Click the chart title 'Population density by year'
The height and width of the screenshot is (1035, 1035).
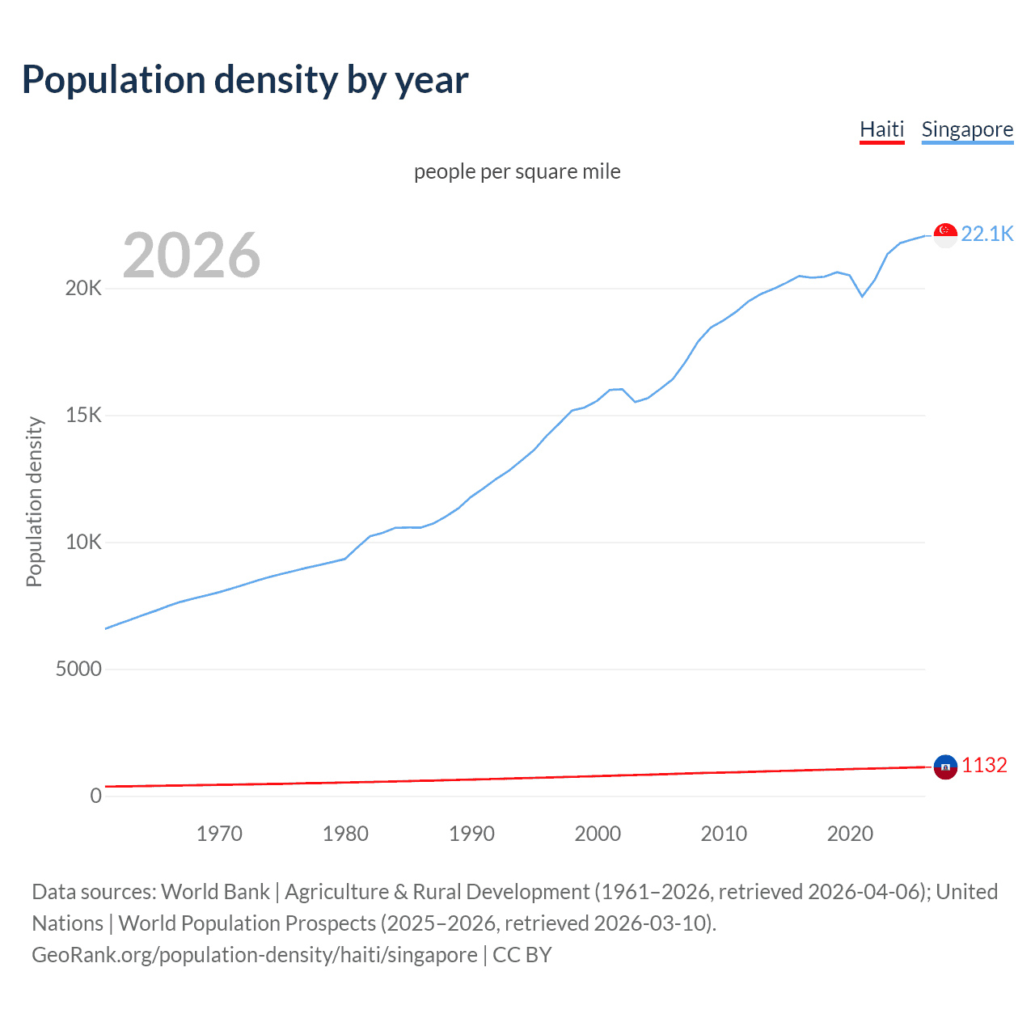point(245,80)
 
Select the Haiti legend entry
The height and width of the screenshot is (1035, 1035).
point(881,129)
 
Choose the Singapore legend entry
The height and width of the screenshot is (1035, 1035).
point(967,129)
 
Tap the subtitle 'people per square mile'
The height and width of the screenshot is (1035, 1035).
point(517,171)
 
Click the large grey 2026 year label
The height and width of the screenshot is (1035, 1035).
point(192,256)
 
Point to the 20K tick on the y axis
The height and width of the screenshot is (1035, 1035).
point(83,289)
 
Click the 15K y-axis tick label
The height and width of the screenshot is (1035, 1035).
point(83,416)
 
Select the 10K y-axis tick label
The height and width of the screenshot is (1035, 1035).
point(83,543)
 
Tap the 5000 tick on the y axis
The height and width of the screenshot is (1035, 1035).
point(78,670)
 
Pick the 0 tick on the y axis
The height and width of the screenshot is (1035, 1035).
point(95,796)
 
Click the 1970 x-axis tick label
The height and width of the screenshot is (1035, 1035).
point(219,834)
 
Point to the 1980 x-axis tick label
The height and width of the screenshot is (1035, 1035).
point(345,834)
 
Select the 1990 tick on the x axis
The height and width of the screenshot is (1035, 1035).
point(471,834)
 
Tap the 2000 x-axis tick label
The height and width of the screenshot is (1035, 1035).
point(598,834)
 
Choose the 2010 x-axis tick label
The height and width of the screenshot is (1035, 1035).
point(724,834)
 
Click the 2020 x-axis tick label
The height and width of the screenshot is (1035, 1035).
point(850,834)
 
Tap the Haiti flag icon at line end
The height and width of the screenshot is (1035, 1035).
point(945,767)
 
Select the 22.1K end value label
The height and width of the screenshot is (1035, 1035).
point(987,234)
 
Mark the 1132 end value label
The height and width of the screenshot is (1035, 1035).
point(984,765)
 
